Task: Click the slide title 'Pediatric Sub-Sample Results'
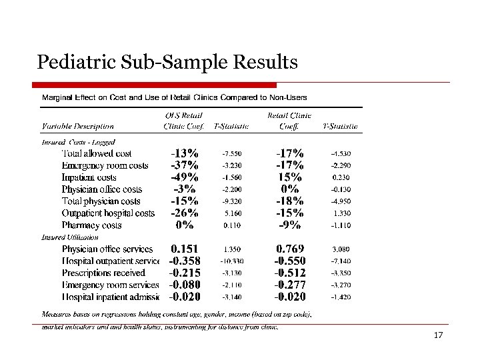pyautogui.click(x=167, y=63)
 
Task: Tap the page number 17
pyautogui.click(x=438, y=335)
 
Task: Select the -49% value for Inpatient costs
pyautogui.click(x=184, y=177)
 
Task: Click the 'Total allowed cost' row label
pyautogui.click(x=101, y=153)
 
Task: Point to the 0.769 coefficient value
pyautogui.click(x=290, y=249)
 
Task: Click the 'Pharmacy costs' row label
pyautogui.click(x=92, y=225)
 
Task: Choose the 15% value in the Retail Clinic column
pyautogui.click(x=290, y=177)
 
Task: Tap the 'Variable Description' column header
pyautogui.click(x=78, y=126)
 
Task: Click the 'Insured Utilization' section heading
pyautogui.click(x=70, y=237)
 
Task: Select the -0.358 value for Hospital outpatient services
pyautogui.click(x=184, y=261)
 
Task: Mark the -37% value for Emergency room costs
pyautogui.click(x=184, y=165)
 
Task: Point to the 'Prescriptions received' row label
pyautogui.click(x=103, y=273)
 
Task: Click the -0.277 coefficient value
pyautogui.click(x=290, y=285)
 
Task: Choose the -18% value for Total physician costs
pyautogui.click(x=290, y=201)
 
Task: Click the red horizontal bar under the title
pyautogui.click(x=155, y=85)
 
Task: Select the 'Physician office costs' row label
pyautogui.click(x=102, y=189)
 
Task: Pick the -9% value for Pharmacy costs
pyautogui.click(x=290, y=225)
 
